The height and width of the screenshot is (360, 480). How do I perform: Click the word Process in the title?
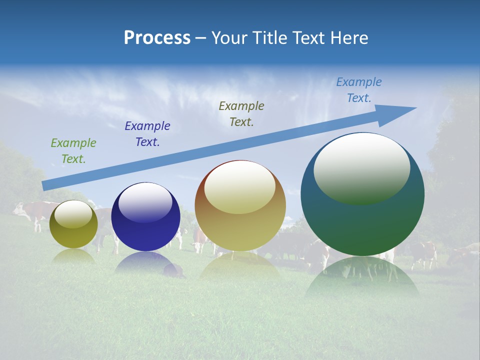[157, 38]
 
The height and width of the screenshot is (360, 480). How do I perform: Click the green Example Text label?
[73, 150]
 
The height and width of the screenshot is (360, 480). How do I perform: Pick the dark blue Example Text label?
[147, 134]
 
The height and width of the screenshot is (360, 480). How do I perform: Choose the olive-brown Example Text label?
[241, 113]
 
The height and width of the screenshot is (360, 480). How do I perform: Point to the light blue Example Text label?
[359, 90]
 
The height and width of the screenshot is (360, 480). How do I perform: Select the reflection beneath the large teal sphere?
[362, 275]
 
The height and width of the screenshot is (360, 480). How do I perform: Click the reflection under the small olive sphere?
[73, 256]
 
